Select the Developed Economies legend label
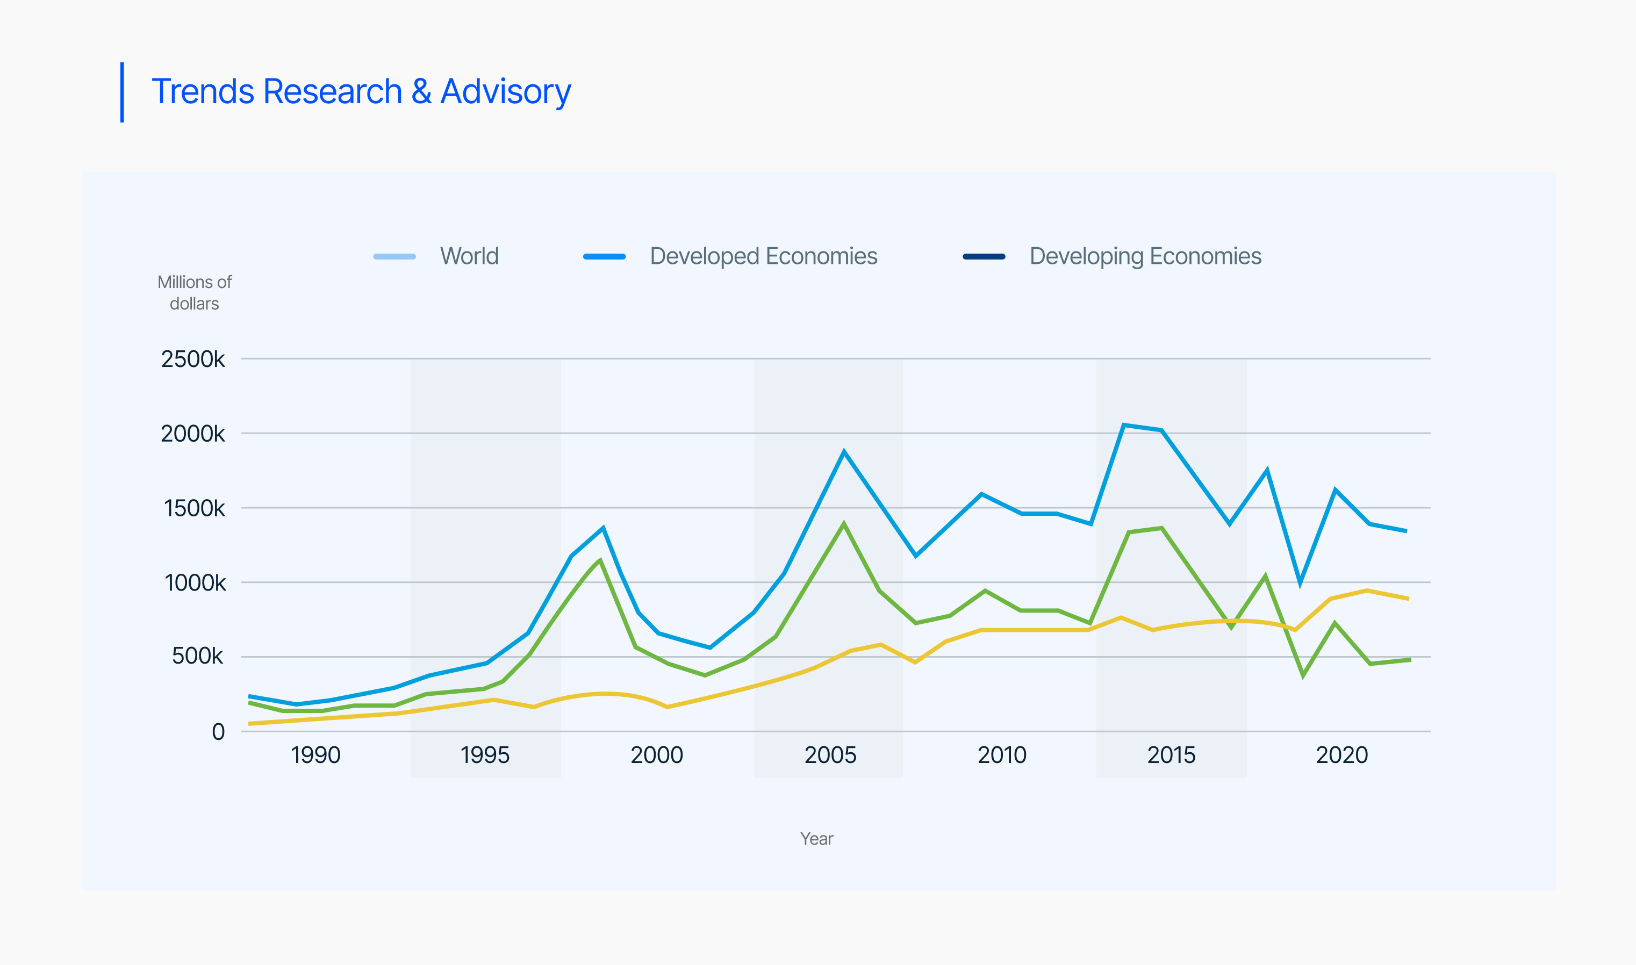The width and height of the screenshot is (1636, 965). point(763,256)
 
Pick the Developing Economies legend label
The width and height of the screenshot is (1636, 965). point(1145,256)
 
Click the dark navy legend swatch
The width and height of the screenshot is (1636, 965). point(984,257)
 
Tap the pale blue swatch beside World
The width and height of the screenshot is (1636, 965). point(394,257)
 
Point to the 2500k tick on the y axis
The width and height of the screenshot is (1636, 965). point(192,359)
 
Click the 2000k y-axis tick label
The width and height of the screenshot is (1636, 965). point(192,434)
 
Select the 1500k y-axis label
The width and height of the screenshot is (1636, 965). point(194,508)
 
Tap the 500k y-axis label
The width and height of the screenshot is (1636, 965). point(197,656)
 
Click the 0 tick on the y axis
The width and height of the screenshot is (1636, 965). point(219,732)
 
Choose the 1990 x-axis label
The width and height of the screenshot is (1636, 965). point(315,755)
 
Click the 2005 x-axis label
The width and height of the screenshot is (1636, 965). point(830,755)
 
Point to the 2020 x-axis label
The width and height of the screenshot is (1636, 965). point(1341,755)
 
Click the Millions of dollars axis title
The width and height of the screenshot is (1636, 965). point(195,293)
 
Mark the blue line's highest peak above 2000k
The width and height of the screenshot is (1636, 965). point(1124,424)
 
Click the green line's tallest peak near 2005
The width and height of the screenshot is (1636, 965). point(844,524)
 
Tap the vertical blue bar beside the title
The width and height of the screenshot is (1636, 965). point(122,92)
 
